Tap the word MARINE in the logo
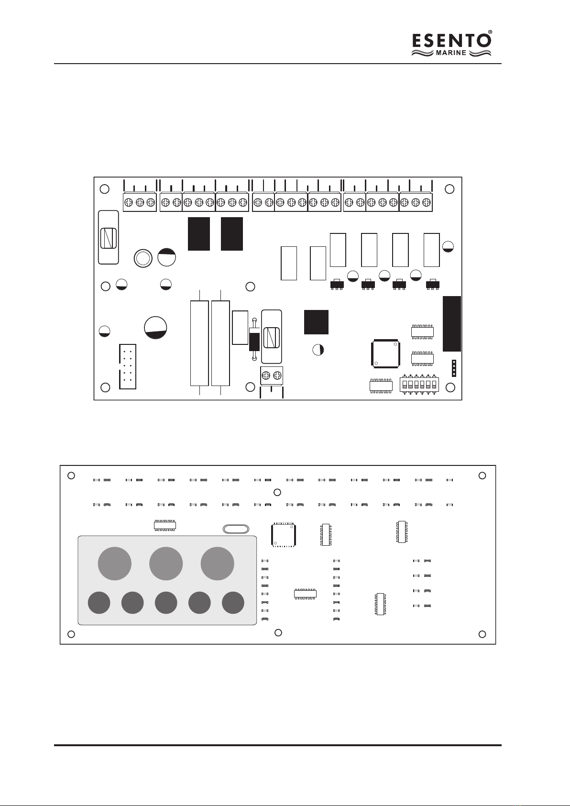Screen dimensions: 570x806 (x=451, y=53)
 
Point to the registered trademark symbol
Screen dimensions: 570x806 (x=490, y=32)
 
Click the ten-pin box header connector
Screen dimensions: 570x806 (x=128, y=366)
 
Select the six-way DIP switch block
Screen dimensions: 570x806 (x=419, y=384)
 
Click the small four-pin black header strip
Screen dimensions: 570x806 (x=454, y=368)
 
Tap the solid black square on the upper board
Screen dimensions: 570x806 (x=316, y=322)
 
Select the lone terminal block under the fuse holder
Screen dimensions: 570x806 (x=272, y=375)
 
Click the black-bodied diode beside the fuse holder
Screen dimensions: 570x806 (x=254, y=339)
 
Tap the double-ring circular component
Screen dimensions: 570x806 (x=143, y=258)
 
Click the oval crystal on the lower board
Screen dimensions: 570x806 (x=236, y=529)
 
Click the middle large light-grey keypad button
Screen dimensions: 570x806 (x=166, y=563)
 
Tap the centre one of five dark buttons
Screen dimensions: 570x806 (x=166, y=602)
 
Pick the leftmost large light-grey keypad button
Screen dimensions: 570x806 (x=115, y=563)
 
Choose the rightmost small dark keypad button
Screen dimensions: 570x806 (x=233, y=602)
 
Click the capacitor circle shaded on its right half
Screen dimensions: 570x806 (x=318, y=349)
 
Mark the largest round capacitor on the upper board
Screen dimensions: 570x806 (x=155, y=328)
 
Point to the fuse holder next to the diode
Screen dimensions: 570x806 (x=272, y=337)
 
